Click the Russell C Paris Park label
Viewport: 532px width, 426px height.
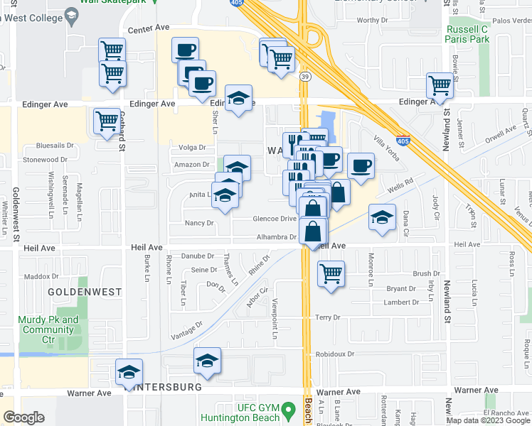(x=467, y=35)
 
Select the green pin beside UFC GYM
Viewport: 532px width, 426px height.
(x=288, y=410)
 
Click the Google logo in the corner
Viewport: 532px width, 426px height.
(x=23, y=417)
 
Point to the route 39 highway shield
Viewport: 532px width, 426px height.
(x=304, y=77)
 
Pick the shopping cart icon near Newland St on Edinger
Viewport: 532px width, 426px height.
(x=440, y=85)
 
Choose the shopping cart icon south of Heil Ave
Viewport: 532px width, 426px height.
(x=331, y=273)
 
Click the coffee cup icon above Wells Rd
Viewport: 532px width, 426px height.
(x=361, y=165)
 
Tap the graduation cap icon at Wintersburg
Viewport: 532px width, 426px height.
(x=129, y=371)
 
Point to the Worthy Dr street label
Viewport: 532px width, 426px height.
(x=372, y=21)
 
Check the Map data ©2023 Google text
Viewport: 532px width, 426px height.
(x=488, y=420)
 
